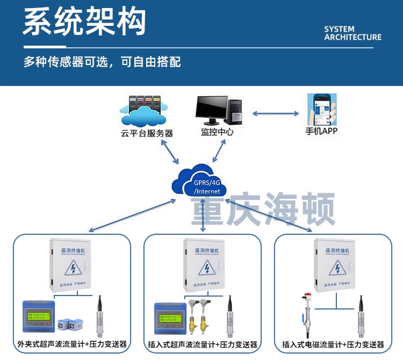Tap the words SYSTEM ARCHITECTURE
pyautogui.click(x=352, y=33)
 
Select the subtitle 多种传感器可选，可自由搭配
pyautogui.click(x=102, y=62)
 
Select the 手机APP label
pyautogui.click(x=321, y=131)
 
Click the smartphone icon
pyautogui.click(x=321, y=109)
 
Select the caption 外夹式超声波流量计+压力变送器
pyautogui.click(x=72, y=344)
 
